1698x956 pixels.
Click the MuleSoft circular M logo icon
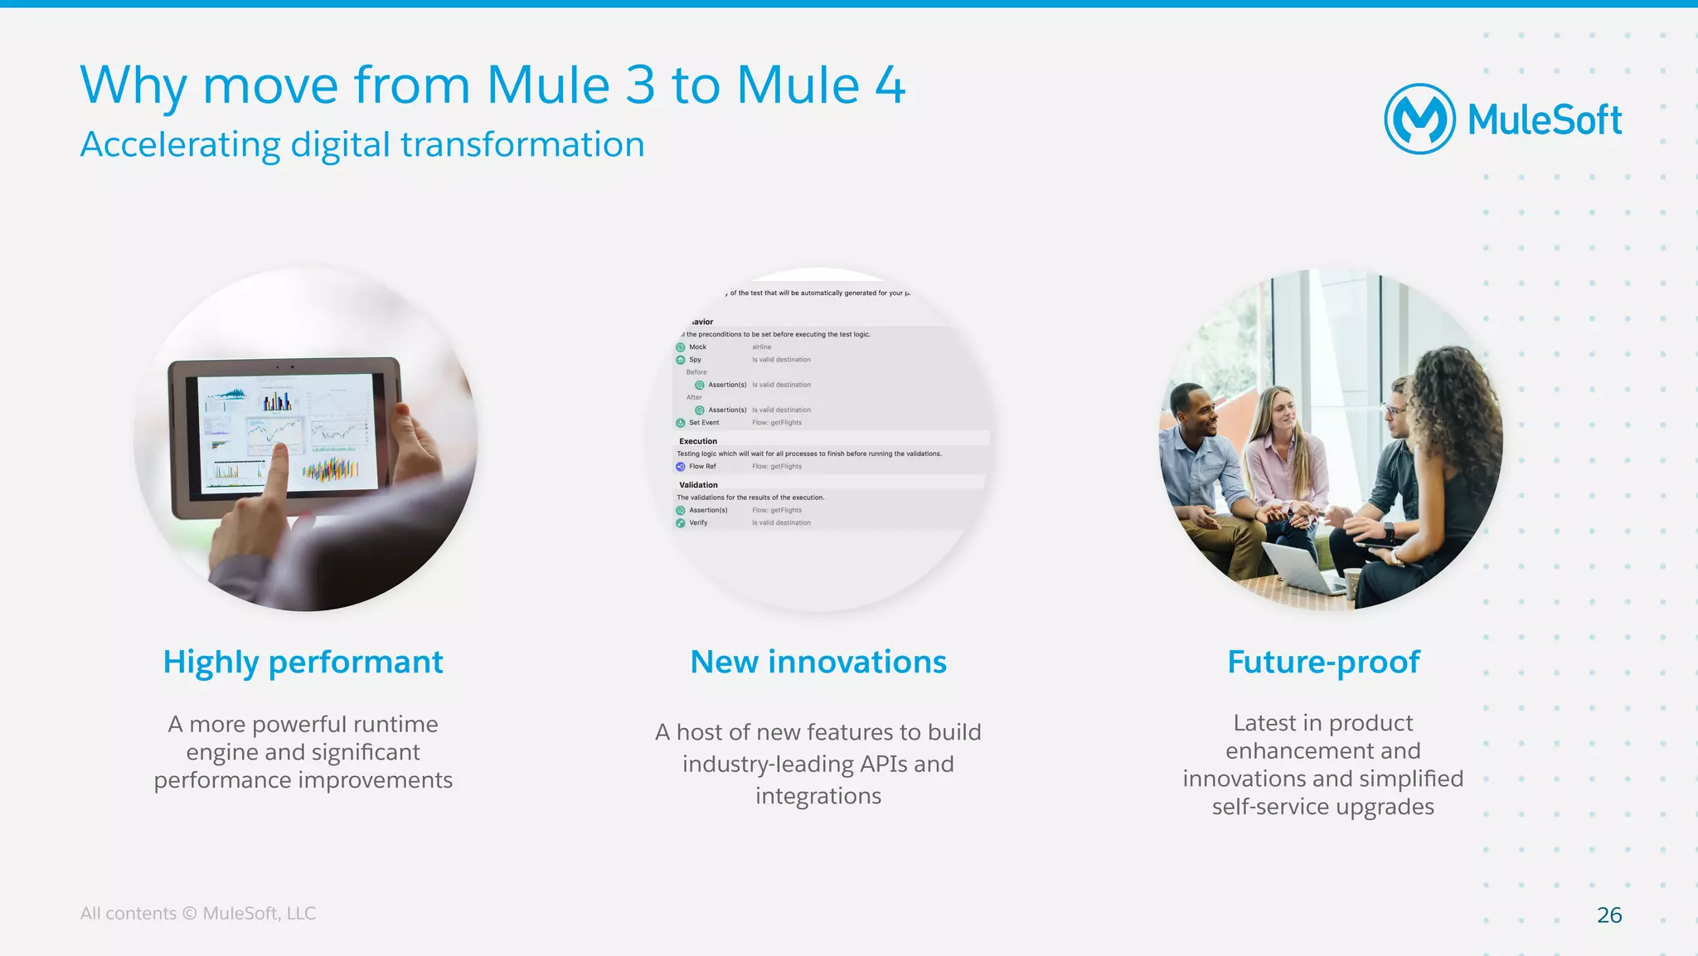click(1419, 119)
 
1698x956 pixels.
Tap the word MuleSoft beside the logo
click(1545, 120)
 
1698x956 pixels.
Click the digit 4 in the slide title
click(890, 85)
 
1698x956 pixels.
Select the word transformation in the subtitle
click(522, 145)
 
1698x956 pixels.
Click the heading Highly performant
click(303, 662)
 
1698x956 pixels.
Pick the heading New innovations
click(818, 662)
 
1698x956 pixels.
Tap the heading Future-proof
click(1323, 662)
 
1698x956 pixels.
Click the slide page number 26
click(1608, 915)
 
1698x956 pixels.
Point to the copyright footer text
click(197, 913)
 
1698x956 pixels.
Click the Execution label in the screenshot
click(698, 441)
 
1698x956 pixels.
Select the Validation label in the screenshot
click(698, 485)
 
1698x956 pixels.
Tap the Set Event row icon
click(681, 423)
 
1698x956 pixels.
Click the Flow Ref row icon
click(681, 467)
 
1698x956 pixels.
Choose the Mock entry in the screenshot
click(697, 347)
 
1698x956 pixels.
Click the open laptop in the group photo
click(1302, 568)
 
